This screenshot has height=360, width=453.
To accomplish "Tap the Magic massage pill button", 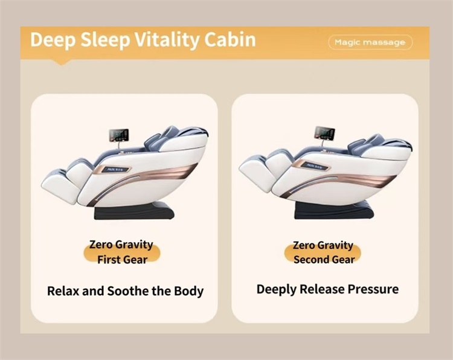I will pyautogui.click(x=370, y=42).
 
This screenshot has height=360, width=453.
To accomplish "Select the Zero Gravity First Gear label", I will pyautogui.click(x=121, y=252).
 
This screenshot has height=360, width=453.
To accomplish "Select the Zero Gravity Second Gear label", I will pyautogui.click(x=323, y=252).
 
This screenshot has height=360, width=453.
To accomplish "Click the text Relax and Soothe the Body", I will pyautogui.click(x=125, y=291).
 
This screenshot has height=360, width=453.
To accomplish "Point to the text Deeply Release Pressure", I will pyautogui.click(x=327, y=289).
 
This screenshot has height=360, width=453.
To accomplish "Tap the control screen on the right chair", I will pyautogui.click(x=324, y=133).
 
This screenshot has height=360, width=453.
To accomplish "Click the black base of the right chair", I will pyautogui.click(x=333, y=210).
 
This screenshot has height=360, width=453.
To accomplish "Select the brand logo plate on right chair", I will pyautogui.click(x=313, y=165).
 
